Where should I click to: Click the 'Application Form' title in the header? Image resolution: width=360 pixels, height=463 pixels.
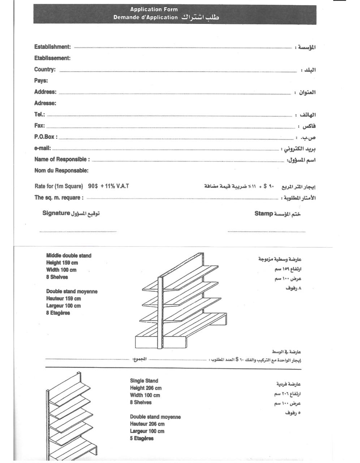154,9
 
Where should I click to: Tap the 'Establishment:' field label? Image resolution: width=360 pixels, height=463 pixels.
52,47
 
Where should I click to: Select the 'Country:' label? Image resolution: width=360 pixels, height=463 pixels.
45,69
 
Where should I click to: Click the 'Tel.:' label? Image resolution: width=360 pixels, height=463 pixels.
39,114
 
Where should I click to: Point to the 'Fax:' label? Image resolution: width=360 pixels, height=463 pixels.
39,126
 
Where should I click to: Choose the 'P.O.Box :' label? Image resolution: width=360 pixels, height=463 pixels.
46,137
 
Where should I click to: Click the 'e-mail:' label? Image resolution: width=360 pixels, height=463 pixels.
42,148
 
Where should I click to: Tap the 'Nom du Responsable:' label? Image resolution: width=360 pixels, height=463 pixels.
61,170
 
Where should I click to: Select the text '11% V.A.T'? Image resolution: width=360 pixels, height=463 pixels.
117,186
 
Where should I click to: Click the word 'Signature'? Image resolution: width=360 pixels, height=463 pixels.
56,213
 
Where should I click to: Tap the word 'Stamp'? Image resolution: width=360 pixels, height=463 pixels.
263,213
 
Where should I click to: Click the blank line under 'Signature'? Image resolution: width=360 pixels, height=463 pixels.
78,231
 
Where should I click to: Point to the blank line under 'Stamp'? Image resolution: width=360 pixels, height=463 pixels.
266,231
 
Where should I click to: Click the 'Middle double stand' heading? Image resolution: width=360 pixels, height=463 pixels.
69,255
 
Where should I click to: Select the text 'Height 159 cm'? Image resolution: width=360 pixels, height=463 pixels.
62,263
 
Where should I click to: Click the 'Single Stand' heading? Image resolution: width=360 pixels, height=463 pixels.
144,381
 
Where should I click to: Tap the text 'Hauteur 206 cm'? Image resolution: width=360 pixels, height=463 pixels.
147,424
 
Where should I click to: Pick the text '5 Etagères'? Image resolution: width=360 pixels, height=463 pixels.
142,438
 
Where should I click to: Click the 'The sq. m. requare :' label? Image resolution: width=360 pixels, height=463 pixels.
59,197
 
